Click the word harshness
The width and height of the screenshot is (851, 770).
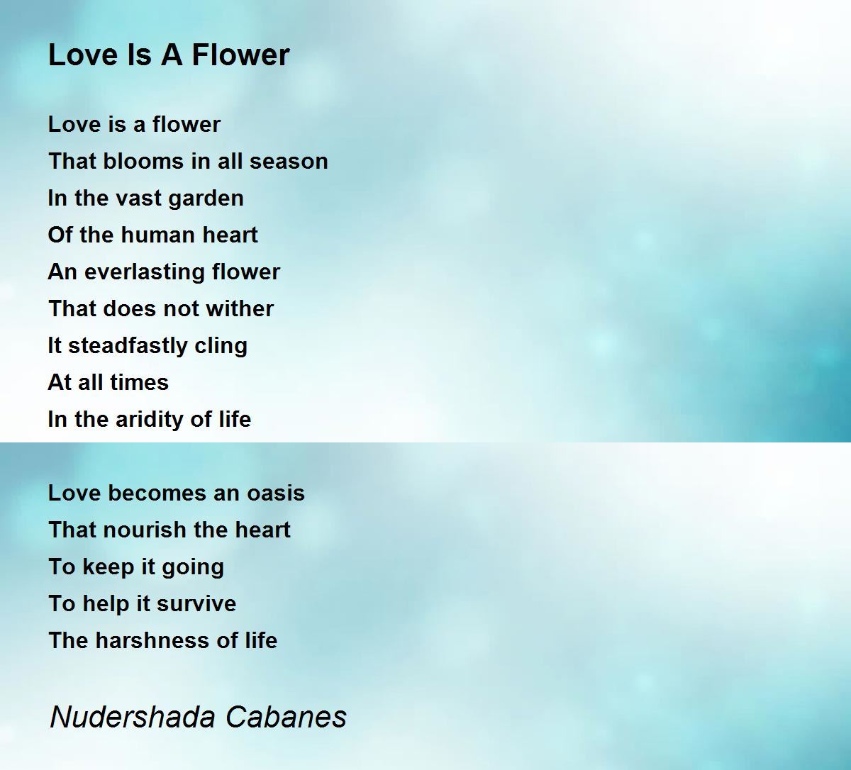(153, 640)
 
